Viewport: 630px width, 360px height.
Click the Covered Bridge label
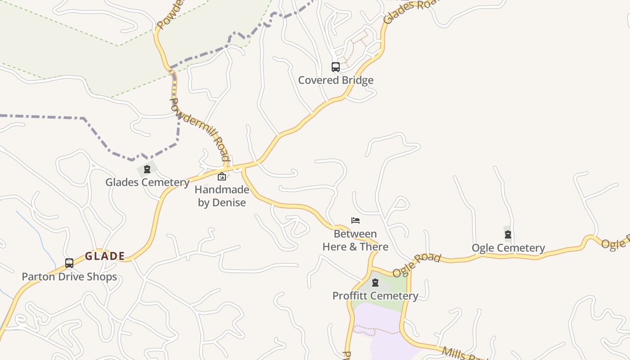(x=336, y=80)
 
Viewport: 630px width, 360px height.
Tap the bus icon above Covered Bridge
(x=336, y=67)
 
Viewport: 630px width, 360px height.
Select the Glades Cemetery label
(x=147, y=182)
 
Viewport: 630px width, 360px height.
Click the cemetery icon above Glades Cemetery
(x=147, y=169)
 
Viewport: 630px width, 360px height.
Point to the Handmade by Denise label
(x=222, y=196)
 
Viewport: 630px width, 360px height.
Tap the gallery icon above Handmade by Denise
(x=222, y=176)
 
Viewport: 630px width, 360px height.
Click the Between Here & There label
(x=355, y=240)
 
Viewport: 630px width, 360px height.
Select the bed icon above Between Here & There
(x=355, y=220)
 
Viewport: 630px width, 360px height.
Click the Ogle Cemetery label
(x=508, y=248)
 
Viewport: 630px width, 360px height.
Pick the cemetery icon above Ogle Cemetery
(x=508, y=234)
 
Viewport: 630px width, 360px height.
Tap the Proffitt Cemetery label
(x=375, y=296)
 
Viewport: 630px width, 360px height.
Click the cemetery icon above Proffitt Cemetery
(x=375, y=283)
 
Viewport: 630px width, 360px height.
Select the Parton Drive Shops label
(x=69, y=276)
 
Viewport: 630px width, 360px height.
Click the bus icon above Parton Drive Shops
(x=69, y=263)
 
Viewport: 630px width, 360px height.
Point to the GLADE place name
(x=105, y=256)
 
